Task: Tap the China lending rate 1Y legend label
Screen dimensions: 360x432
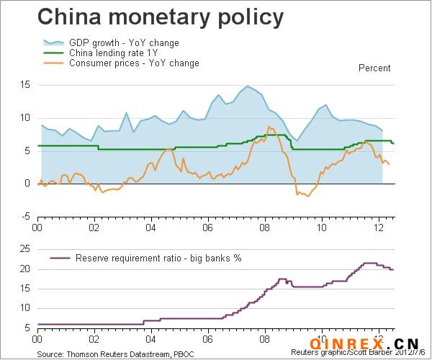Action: point(114,53)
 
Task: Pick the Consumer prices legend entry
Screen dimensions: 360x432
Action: point(134,63)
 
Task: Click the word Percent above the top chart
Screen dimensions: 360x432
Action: point(374,68)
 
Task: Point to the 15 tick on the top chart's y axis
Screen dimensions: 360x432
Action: point(24,85)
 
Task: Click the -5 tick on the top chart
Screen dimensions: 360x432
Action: point(24,216)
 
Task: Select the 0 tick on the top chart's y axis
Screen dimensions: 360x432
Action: point(27,184)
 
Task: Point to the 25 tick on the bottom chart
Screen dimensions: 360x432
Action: point(24,249)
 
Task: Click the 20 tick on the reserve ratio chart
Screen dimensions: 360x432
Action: point(24,269)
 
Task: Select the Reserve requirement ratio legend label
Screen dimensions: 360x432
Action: point(158,258)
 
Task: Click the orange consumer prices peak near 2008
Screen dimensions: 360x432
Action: point(269,127)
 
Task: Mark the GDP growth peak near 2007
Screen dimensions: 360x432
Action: point(248,86)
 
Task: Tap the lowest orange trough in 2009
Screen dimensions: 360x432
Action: point(308,196)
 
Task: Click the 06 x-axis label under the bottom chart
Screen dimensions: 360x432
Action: point(208,337)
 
